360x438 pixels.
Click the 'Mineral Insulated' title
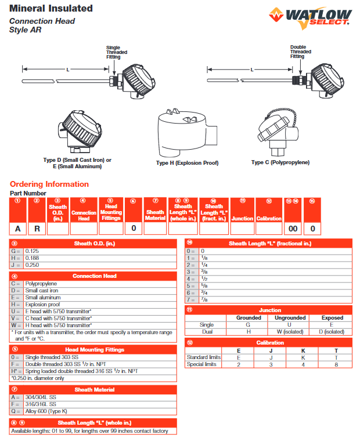tap(51, 8)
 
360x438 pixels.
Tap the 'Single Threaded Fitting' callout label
tap(114, 52)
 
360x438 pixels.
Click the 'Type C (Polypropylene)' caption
tap(280, 162)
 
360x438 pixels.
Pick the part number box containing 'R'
tap(37, 228)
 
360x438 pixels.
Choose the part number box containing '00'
tap(293, 228)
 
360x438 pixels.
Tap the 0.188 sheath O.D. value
tap(33, 257)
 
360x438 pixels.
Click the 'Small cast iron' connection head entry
tap(43, 290)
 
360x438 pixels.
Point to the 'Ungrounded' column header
tap(290, 318)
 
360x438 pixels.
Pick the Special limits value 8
tap(336, 364)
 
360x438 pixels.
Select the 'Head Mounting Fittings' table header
tap(95, 350)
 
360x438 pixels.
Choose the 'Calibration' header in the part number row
tap(269, 218)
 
